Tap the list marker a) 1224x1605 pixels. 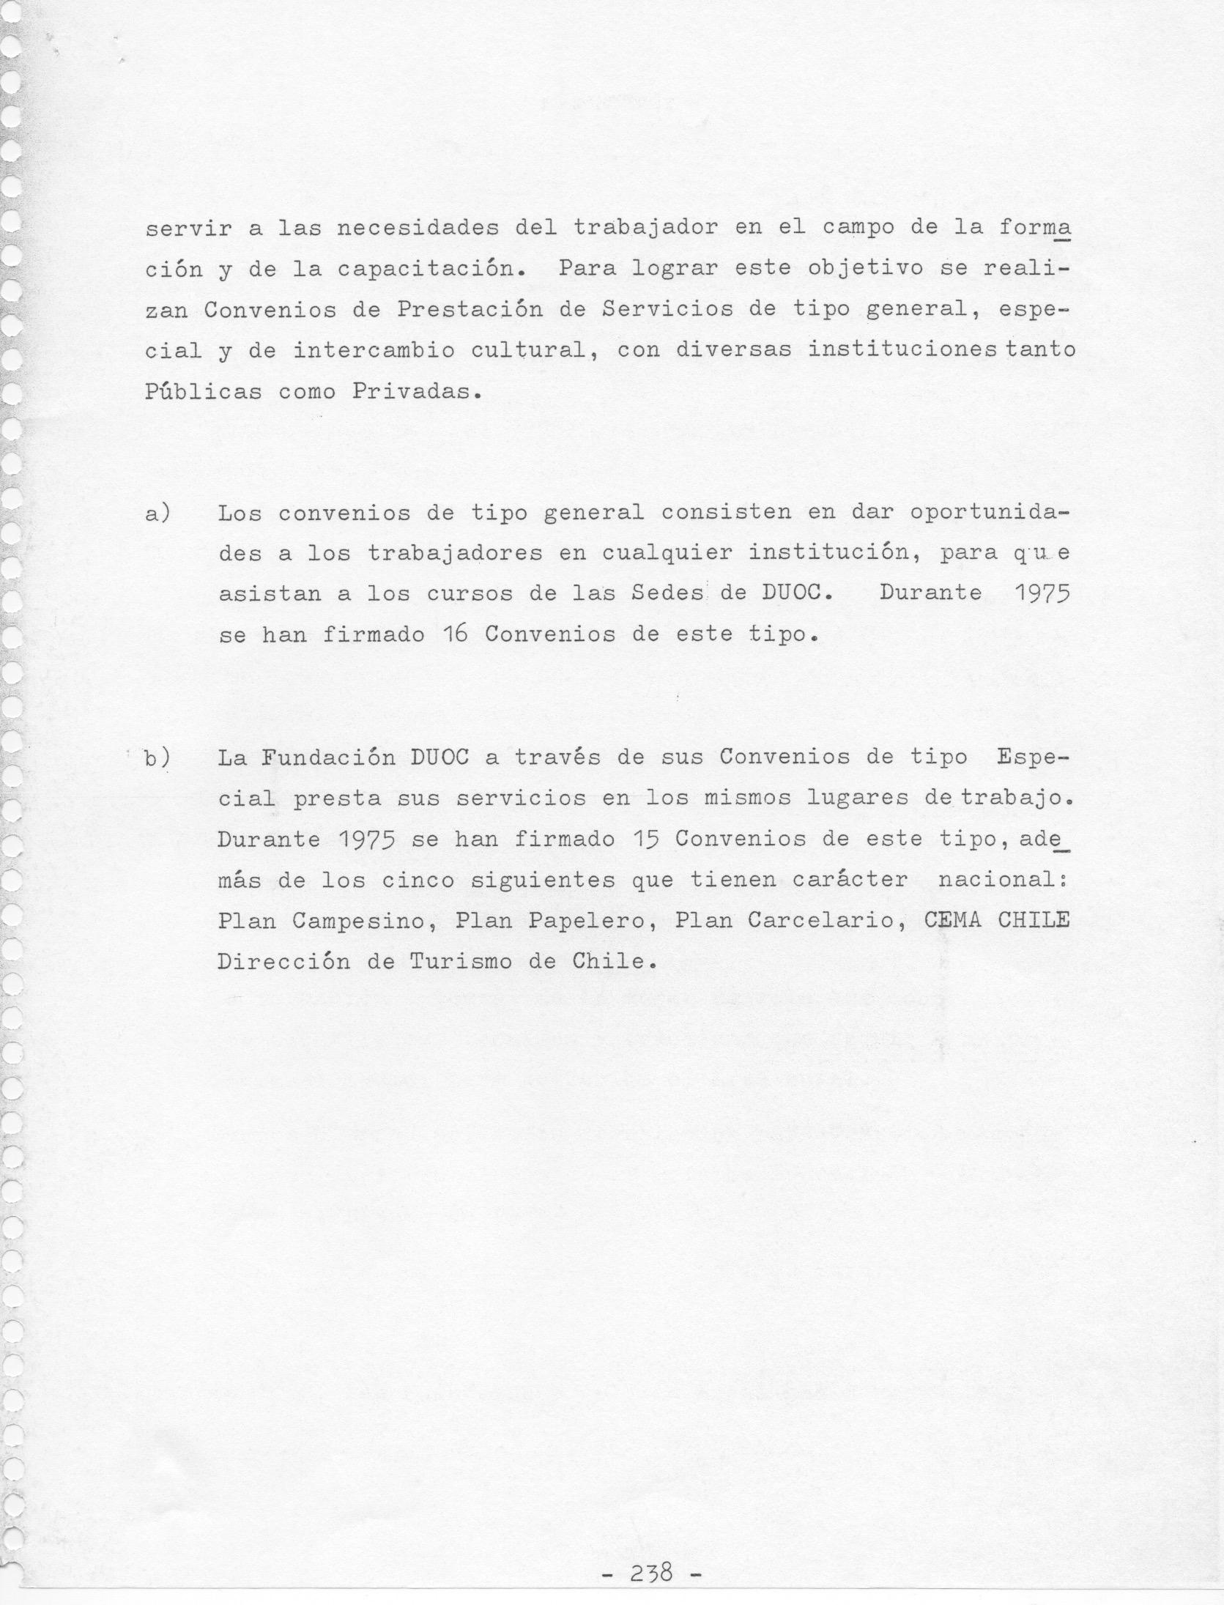(157, 514)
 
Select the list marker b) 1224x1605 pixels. (156, 758)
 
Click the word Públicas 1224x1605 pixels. (203, 391)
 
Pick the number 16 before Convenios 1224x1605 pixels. (454, 634)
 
